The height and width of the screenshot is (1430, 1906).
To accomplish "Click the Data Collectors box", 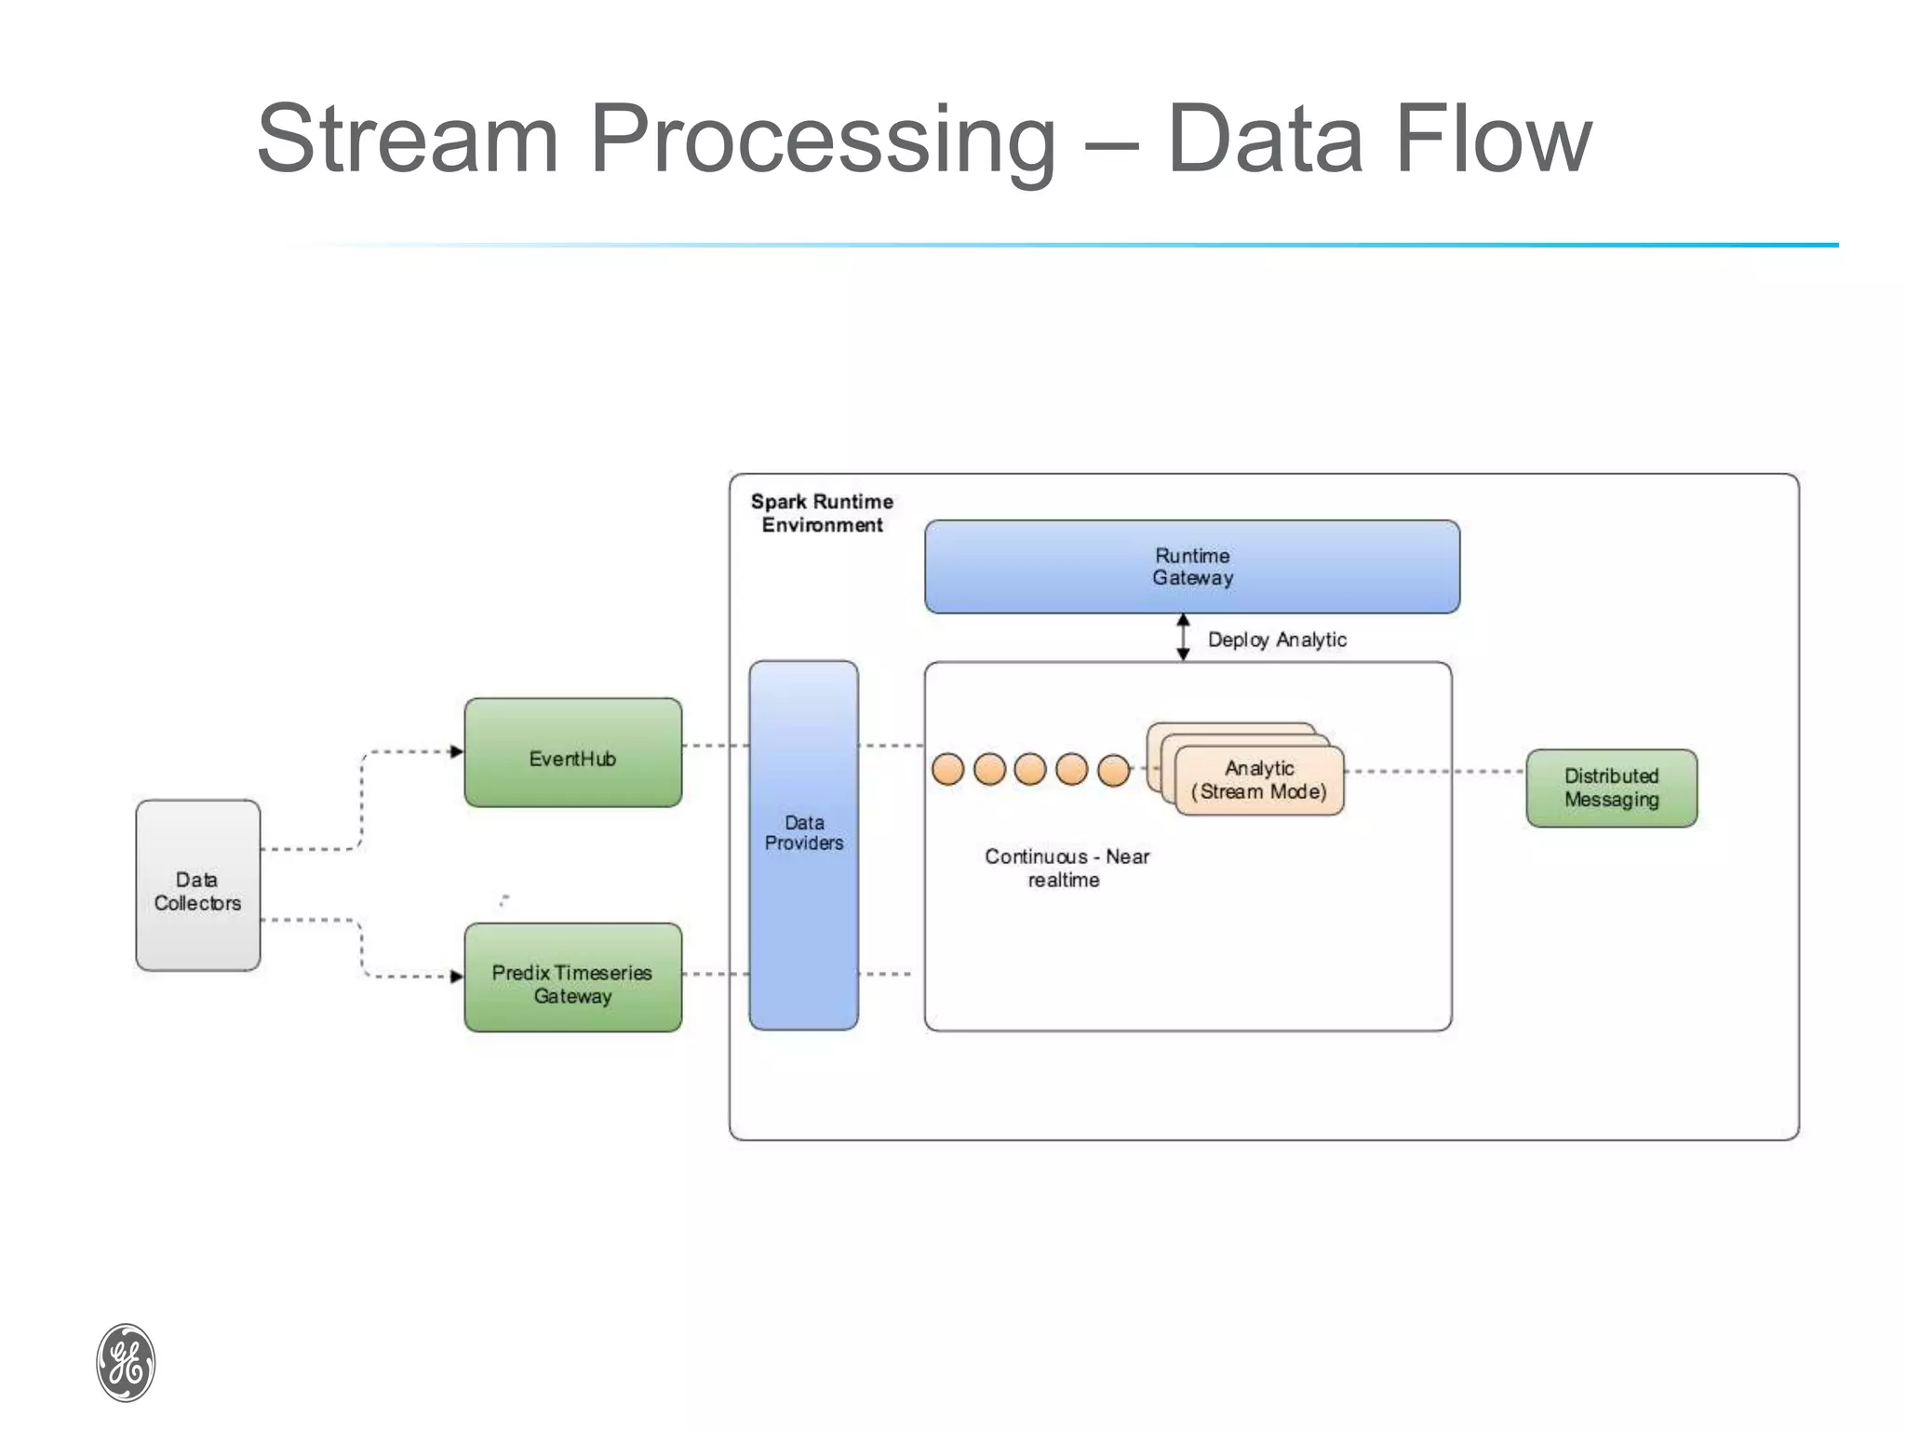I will click(x=197, y=885).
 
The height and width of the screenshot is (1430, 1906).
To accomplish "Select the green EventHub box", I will click(x=572, y=752).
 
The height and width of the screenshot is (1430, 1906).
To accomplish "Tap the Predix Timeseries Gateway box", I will click(x=572, y=978).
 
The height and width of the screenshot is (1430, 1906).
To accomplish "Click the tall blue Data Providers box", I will click(x=803, y=845).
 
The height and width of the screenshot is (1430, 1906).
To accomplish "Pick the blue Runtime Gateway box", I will click(x=1191, y=566).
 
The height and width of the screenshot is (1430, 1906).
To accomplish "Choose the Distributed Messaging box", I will click(x=1611, y=788).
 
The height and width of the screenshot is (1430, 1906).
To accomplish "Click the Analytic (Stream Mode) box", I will click(x=1259, y=780).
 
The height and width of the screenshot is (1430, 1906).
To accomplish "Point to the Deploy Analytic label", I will click(x=1276, y=640).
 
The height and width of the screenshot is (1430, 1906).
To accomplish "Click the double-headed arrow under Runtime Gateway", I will click(x=1183, y=638).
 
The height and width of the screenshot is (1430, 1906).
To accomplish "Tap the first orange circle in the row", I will click(x=947, y=770).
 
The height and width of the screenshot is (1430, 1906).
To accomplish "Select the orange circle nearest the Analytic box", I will click(x=1113, y=770).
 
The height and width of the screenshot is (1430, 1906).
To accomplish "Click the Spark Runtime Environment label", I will click(x=822, y=513).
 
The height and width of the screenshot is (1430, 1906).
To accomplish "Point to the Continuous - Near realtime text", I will click(x=1067, y=868).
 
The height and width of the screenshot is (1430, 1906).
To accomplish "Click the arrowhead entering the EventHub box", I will click(x=456, y=751).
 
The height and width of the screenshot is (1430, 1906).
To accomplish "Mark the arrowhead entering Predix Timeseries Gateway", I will click(x=456, y=977).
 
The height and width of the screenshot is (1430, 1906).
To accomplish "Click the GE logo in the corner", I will click(x=126, y=1362).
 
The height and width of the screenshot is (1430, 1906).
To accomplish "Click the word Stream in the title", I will click(x=407, y=140).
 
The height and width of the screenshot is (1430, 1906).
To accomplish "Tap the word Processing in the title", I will click(x=823, y=140).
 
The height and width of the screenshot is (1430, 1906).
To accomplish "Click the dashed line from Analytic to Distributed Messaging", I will click(x=1433, y=772).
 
